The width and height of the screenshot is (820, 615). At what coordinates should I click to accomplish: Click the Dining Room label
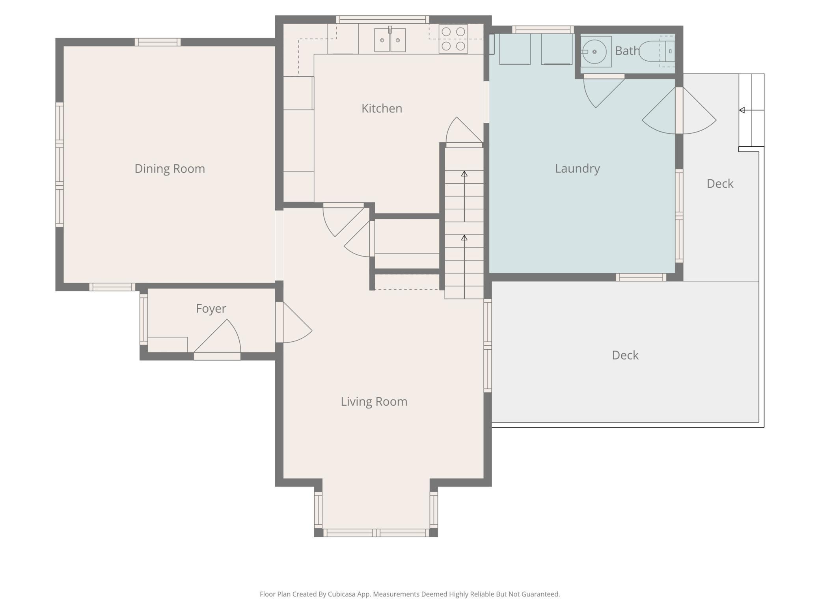tap(170, 169)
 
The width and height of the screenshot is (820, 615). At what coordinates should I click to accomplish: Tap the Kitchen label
tap(382, 108)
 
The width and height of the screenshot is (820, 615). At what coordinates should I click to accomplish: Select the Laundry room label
tap(577, 169)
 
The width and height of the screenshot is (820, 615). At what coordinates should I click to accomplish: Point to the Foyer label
tap(211, 308)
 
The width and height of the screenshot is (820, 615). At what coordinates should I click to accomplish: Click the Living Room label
tap(374, 401)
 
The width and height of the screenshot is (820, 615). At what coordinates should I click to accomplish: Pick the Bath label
tap(627, 51)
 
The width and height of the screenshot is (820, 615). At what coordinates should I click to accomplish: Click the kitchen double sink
tap(389, 39)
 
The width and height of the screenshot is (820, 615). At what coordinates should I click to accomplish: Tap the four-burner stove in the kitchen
tap(453, 39)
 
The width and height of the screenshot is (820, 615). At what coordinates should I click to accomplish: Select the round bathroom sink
tap(594, 52)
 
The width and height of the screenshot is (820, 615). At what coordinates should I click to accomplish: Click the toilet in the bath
tap(657, 51)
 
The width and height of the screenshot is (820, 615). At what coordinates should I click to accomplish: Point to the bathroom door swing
tap(603, 91)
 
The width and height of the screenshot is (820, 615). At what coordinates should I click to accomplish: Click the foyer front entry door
tap(217, 339)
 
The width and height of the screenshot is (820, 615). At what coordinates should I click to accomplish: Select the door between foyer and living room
tap(294, 322)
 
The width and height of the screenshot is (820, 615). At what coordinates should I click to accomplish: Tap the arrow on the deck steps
tap(751, 110)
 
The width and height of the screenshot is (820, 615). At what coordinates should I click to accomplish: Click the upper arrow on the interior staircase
tap(464, 196)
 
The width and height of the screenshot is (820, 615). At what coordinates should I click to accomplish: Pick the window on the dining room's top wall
tap(158, 42)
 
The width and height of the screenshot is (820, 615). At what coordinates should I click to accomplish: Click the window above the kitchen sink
tap(382, 19)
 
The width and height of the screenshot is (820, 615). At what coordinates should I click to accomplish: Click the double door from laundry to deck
tap(679, 110)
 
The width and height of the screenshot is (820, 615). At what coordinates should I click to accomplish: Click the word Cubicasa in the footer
tap(342, 594)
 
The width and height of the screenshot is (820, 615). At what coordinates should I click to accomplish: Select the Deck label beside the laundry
tap(720, 184)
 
